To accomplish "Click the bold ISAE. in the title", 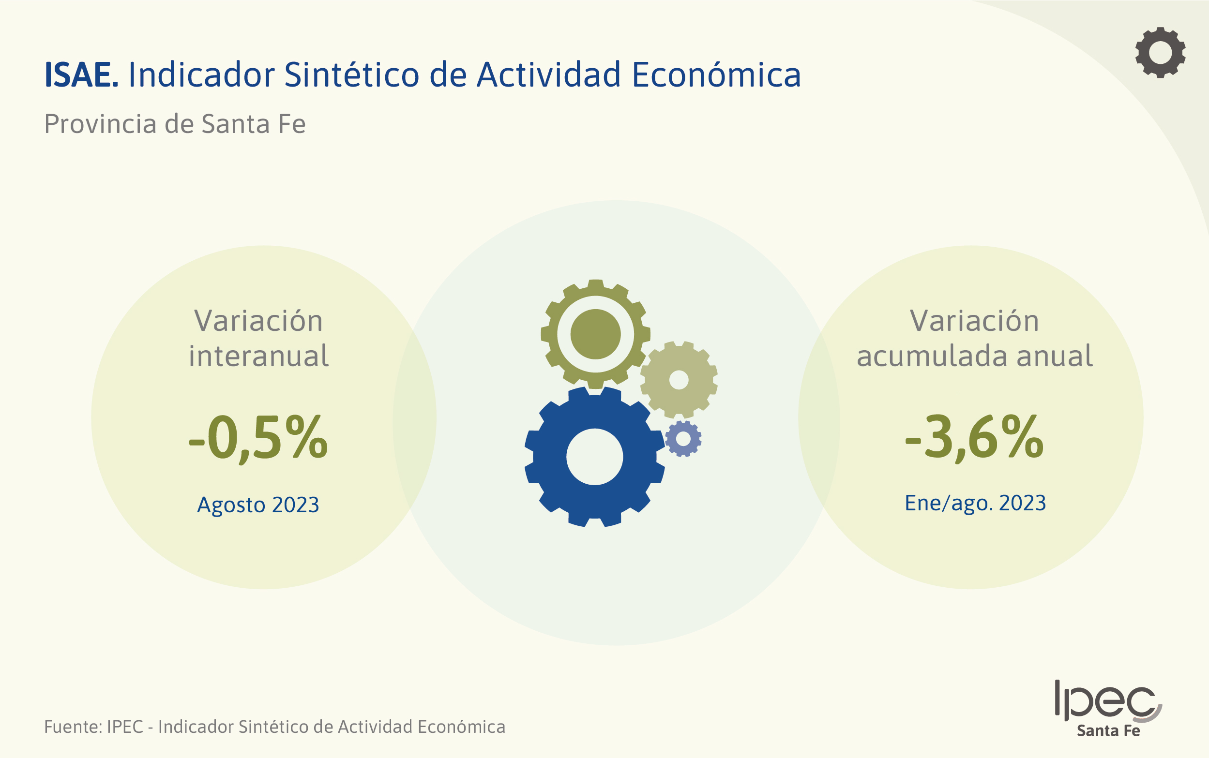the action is tap(81, 74).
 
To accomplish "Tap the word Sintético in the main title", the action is tap(351, 74).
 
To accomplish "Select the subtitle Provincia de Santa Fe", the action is tap(175, 124).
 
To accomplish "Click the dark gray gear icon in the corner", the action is tap(1160, 53).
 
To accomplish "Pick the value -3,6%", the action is tap(974, 438).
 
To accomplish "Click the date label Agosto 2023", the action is tap(258, 505).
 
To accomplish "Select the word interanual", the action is tap(259, 356).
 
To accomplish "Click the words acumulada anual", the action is tap(974, 357).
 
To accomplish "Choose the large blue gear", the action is tap(595, 457).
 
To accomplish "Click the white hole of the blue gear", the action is tap(595, 457).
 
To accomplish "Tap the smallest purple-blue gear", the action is tap(683, 439).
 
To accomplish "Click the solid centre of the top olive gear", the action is tap(596, 334).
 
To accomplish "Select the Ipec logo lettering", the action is tap(1108, 701).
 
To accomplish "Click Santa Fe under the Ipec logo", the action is tap(1109, 731).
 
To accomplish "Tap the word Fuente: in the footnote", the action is tap(73, 727).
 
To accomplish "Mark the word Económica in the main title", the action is tap(716, 74).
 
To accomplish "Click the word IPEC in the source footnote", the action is tap(125, 727).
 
